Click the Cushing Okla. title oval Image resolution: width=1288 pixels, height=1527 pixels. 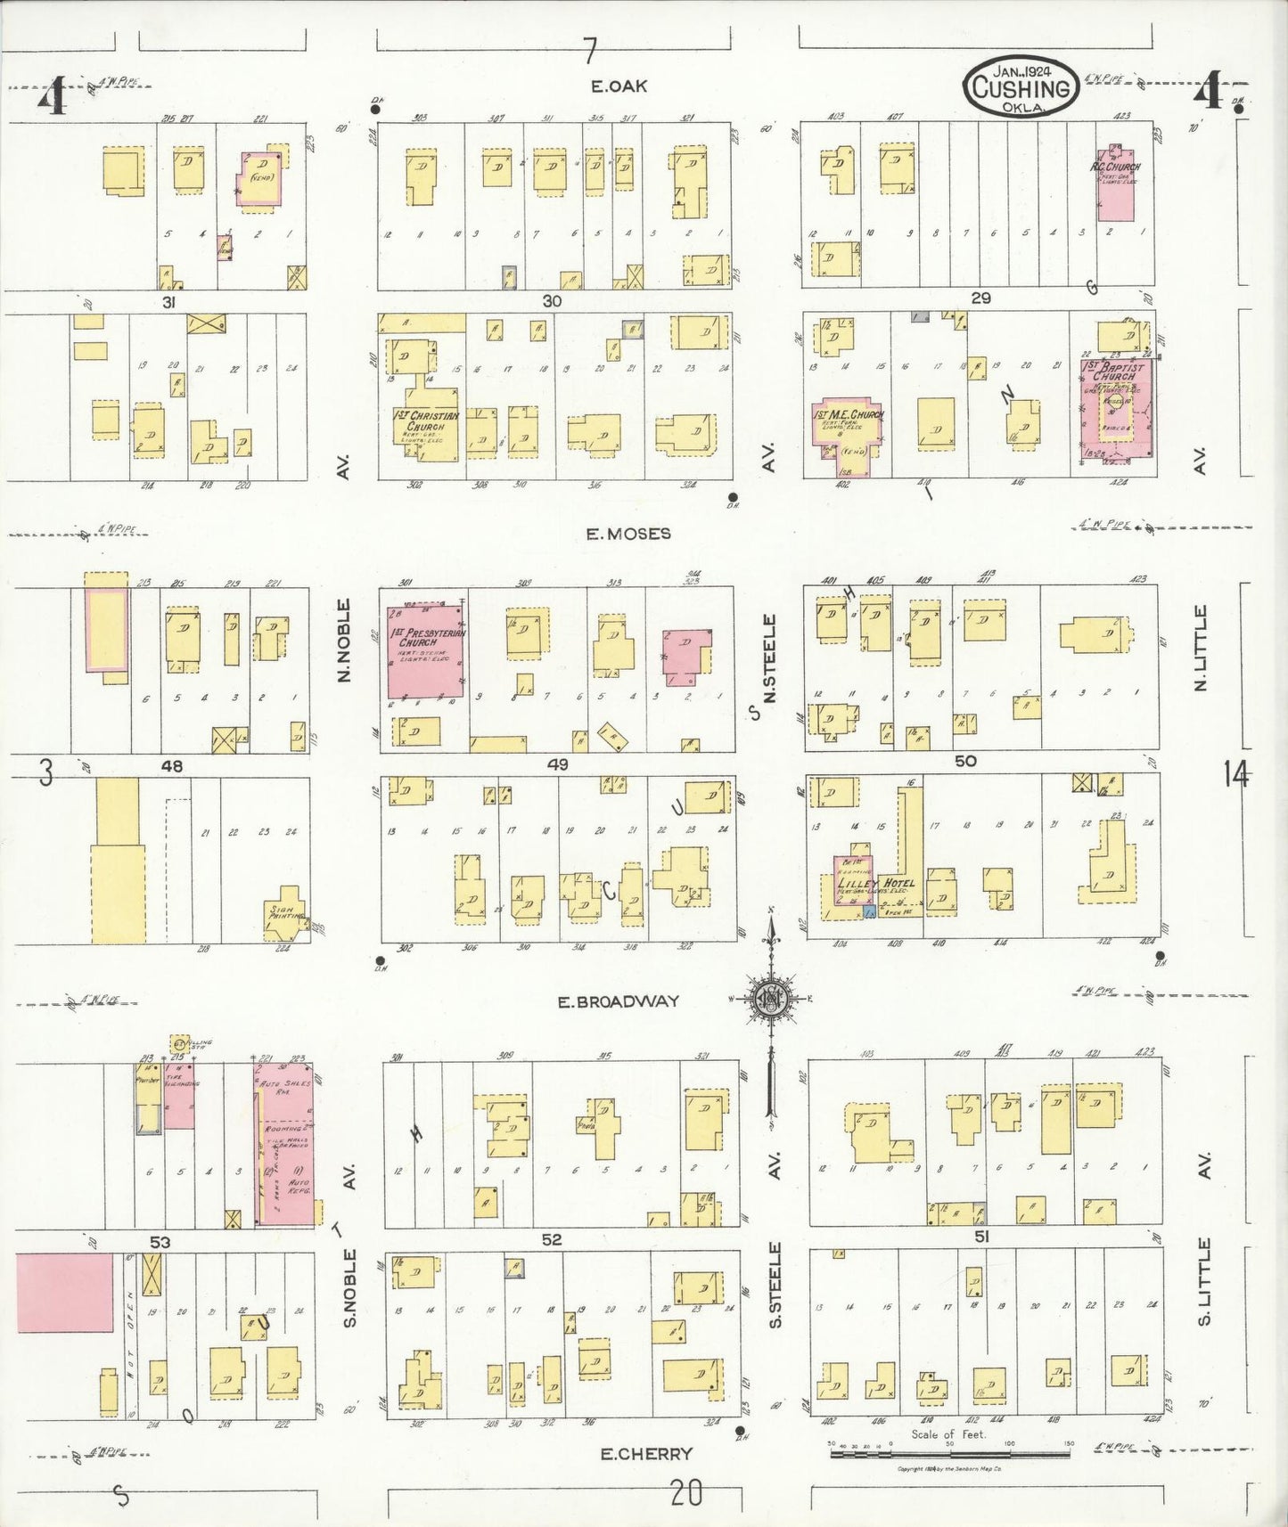pos(1021,86)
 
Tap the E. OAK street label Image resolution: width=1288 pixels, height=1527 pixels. pos(619,86)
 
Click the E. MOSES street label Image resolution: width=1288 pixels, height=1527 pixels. pos(628,534)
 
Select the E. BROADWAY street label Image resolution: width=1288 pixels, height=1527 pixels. pos(618,1001)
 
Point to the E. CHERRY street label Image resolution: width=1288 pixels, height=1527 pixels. pos(646,1454)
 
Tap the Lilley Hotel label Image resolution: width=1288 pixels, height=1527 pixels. pos(876,883)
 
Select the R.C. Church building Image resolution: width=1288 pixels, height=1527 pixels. pos(1115,184)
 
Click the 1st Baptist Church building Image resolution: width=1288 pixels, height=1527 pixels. pos(1115,409)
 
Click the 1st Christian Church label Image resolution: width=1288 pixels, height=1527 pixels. pos(426,421)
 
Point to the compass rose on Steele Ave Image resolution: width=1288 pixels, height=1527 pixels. pos(771,998)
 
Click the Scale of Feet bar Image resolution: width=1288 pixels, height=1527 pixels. pos(949,1454)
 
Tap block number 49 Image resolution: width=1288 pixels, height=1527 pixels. pos(558,764)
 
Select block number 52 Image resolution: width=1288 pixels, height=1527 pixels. pos(552,1239)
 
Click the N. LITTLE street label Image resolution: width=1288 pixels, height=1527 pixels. pos(1201,648)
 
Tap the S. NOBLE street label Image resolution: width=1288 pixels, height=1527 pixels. pos(350,1287)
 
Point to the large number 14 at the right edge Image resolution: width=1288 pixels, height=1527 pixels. pos(1235,775)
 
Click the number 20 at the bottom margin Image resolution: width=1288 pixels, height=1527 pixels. pos(685,1493)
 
